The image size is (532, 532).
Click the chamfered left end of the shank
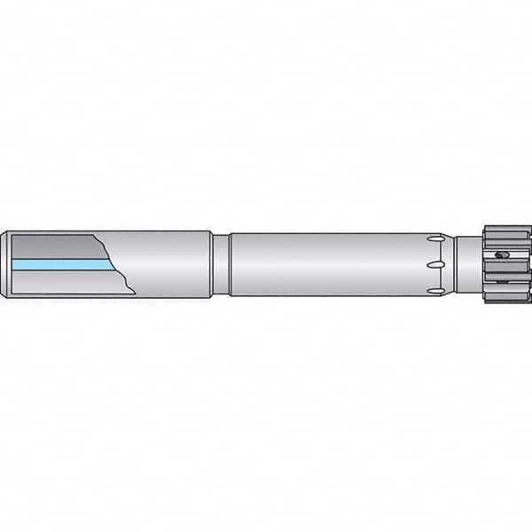(5, 264)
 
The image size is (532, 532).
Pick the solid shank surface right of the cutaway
(168, 264)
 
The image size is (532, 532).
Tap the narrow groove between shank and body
(220, 264)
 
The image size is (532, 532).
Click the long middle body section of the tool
(328, 264)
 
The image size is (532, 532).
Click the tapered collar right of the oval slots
(452, 264)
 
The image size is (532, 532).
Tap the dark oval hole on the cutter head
(503, 256)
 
